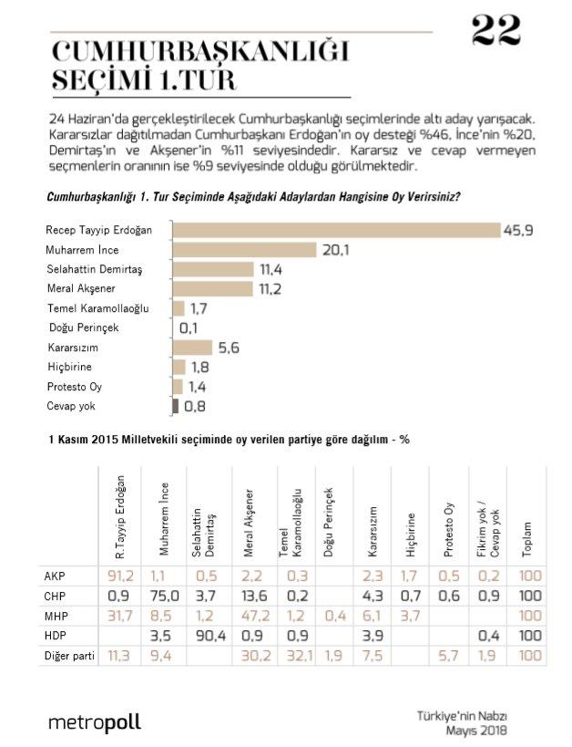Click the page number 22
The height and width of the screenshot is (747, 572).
(496, 31)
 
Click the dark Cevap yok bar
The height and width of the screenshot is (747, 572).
(174, 405)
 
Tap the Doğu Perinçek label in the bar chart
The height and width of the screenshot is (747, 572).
(84, 327)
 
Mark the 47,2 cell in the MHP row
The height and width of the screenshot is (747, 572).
(244, 615)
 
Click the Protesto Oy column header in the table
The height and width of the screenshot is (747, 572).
(449, 528)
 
